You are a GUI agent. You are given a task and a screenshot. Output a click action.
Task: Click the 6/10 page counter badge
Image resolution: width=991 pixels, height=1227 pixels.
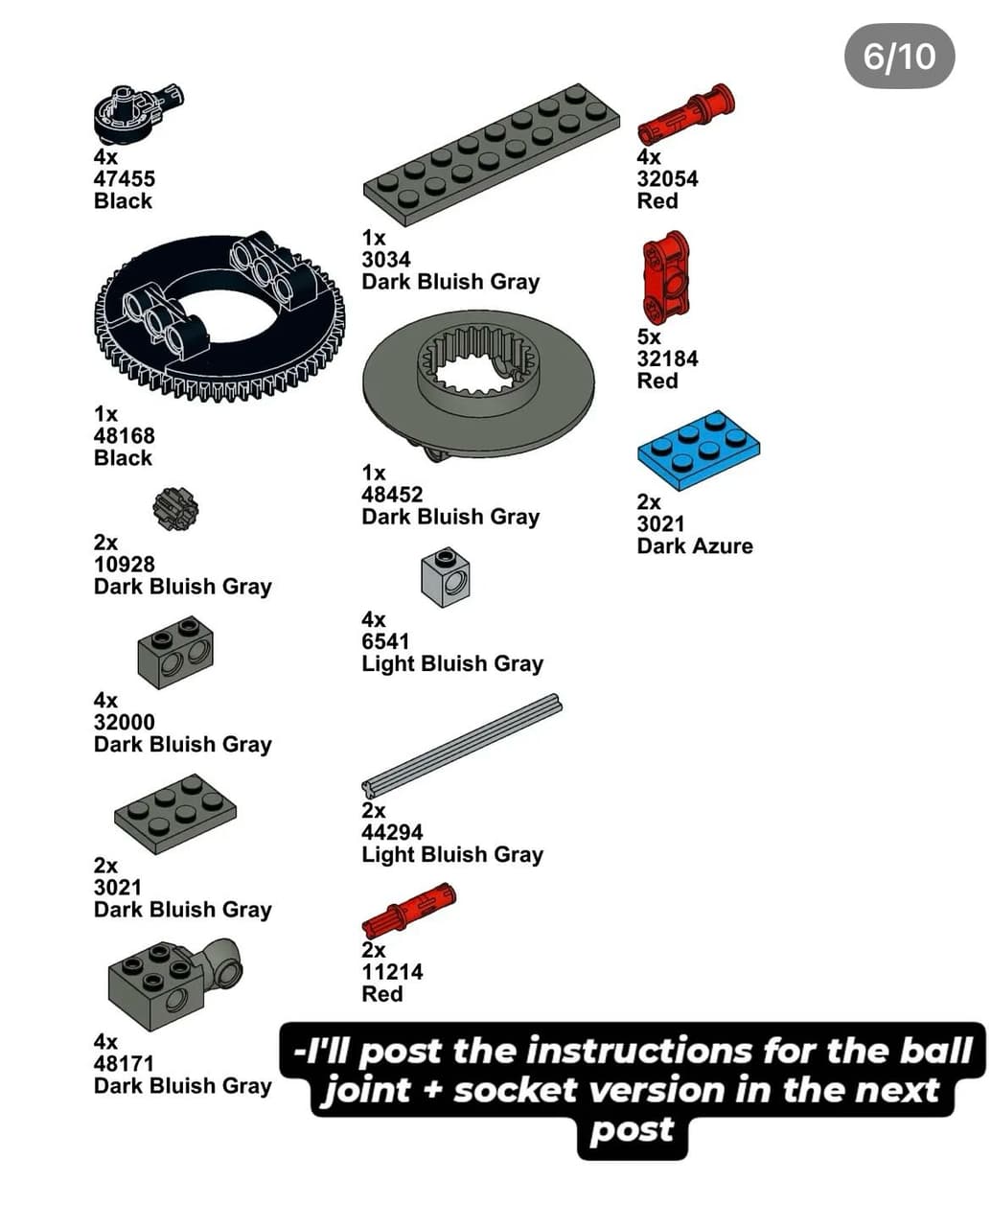point(899,57)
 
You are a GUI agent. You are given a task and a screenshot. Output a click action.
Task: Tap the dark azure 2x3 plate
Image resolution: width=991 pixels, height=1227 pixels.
point(698,450)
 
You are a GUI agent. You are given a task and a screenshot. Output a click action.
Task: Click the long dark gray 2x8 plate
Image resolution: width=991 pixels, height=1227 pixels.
point(491,155)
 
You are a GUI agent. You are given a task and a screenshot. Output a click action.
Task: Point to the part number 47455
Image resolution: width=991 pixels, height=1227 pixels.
point(124,178)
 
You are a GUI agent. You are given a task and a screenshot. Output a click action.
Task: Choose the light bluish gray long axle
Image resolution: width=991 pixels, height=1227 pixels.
point(462,744)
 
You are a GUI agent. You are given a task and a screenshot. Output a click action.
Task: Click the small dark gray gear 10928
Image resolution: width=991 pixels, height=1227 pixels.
point(175,509)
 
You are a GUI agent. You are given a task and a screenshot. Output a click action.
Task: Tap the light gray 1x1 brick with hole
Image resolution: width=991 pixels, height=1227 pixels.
point(445,577)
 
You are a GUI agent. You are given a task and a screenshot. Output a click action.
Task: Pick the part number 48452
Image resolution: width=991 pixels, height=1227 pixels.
point(392,495)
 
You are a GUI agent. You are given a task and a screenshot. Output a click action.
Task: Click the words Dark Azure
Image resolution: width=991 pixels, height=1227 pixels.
point(695,545)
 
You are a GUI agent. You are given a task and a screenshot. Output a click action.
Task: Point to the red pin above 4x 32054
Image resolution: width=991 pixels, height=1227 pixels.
point(685,114)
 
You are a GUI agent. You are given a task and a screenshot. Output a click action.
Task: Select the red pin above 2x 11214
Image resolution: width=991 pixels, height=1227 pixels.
point(408,909)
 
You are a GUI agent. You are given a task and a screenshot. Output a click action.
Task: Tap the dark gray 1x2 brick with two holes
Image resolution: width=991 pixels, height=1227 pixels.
point(175,652)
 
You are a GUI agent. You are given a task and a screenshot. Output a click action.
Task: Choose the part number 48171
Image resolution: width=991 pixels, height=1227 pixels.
point(124,1063)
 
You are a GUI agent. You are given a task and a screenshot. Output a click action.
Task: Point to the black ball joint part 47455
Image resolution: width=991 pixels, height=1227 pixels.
point(139,114)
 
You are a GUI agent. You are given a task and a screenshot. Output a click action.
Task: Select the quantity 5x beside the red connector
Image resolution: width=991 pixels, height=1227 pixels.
point(649,336)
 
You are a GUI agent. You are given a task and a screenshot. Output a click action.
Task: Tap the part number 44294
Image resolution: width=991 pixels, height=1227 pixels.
point(392,832)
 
